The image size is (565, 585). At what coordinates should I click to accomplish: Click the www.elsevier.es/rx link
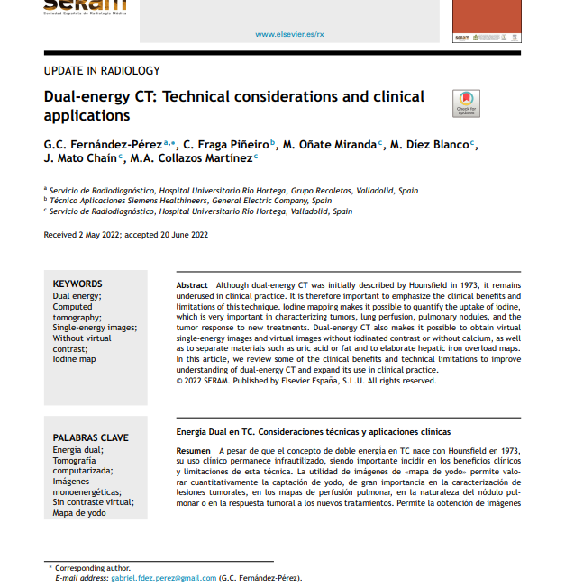(289, 34)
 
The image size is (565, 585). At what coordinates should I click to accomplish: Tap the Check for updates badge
(466, 103)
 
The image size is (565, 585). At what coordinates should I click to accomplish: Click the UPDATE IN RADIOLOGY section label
(102, 70)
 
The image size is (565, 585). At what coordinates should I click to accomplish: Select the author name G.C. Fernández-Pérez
(103, 144)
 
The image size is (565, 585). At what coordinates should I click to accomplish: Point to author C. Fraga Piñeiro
(225, 144)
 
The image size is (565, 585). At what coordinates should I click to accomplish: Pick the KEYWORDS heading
(77, 283)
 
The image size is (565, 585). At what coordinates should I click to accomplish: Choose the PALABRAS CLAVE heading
(90, 437)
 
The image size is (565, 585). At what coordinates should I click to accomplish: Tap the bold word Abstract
(192, 284)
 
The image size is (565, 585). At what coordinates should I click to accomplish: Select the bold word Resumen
(194, 449)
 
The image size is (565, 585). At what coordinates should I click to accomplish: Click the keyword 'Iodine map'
(74, 359)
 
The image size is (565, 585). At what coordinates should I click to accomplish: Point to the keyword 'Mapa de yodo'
(79, 512)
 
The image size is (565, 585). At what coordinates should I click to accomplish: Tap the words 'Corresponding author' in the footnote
(93, 568)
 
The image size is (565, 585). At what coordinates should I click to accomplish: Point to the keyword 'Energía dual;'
(78, 449)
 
